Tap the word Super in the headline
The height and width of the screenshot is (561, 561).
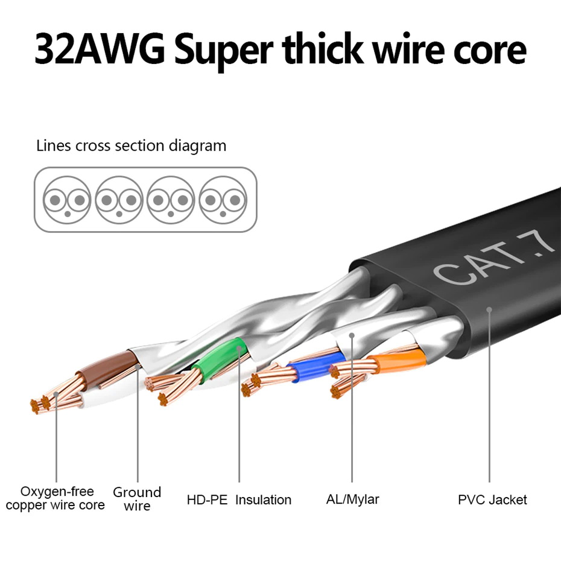(x=224, y=51)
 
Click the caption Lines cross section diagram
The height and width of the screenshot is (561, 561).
(x=131, y=146)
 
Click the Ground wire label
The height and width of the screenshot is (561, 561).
(x=137, y=499)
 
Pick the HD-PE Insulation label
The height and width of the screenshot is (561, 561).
(x=239, y=500)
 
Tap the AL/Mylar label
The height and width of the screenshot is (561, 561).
(x=352, y=499)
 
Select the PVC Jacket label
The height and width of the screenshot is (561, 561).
(x=492, y=499)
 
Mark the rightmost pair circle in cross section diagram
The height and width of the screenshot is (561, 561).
(x=223, y=200)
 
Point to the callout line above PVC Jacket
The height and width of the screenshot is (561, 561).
(x=490, y=398)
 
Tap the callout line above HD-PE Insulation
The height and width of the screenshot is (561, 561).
(x=239, y=422)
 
